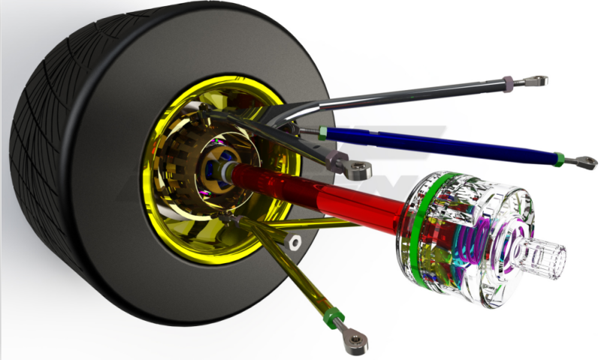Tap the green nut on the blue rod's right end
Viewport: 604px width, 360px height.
coord(560,158)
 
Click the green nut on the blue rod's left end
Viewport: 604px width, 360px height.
coord(322,133)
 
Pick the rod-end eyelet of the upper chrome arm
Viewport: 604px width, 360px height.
coord(536,79)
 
